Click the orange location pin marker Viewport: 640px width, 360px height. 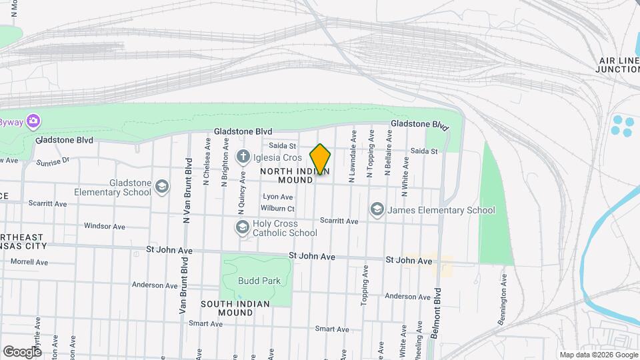(x=320, y=159)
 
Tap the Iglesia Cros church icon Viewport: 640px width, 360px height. (x=243, y=157)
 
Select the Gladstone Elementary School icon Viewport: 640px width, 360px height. (x=161, y=186)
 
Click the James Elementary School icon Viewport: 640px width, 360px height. (x=377, y=210)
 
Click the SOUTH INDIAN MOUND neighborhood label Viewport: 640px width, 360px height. (x=235, y=309)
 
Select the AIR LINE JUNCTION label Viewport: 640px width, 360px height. (x=617, y=65)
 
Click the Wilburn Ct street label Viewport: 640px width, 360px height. (x=279, y=208)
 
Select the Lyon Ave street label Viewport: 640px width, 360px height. (x=278, y=197)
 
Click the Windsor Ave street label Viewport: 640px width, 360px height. (x=105, y=227)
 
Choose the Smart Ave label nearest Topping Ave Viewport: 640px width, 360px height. (x=332, y=329)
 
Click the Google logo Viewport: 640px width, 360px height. (x=21, y=351)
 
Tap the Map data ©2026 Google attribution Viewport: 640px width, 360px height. (x=598, y=355)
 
